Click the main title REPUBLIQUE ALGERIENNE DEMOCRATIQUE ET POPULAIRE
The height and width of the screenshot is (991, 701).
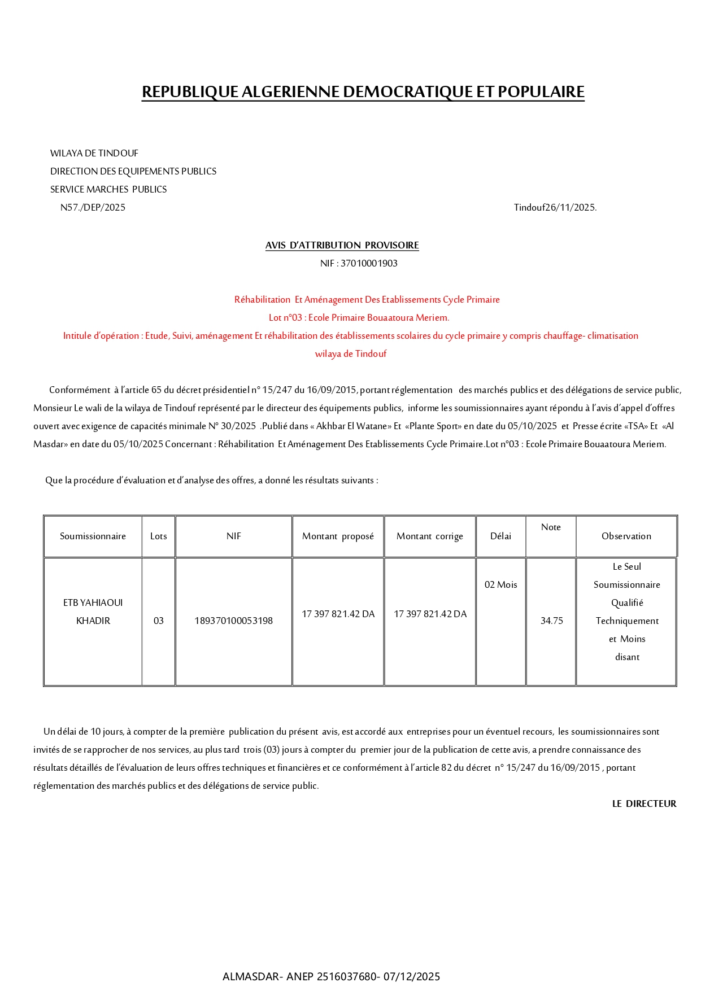(363, 91)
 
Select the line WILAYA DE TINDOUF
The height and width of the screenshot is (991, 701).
(94, 153)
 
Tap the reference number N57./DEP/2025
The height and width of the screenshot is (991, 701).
(93, 207)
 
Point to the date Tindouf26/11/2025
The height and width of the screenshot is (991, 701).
(555, 207)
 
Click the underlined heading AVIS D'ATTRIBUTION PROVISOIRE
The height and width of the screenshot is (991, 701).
(342, 245)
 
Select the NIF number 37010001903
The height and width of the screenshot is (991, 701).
(359, 263)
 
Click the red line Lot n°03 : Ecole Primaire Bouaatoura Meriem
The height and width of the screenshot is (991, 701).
(359, 317)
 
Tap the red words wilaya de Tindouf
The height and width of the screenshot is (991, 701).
(351, 353)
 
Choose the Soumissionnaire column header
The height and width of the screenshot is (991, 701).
(93, 536)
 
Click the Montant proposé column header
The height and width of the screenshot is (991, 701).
(338, 536)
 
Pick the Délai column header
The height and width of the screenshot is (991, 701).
(500, 536)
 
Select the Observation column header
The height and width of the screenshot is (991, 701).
(626, 536)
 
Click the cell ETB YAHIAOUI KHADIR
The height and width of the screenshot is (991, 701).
(93, 612)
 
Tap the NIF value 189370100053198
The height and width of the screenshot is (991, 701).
(233, 621)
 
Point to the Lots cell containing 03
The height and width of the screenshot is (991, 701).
(158, 621)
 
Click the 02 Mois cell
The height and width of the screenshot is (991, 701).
(500, 584)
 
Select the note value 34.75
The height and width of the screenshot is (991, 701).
(551, 621)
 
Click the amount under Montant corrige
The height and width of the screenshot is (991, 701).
(430, 614)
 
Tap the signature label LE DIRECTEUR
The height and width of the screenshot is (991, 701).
(644, 804)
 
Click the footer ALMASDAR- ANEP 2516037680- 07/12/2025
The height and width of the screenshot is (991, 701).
(331, 976)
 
